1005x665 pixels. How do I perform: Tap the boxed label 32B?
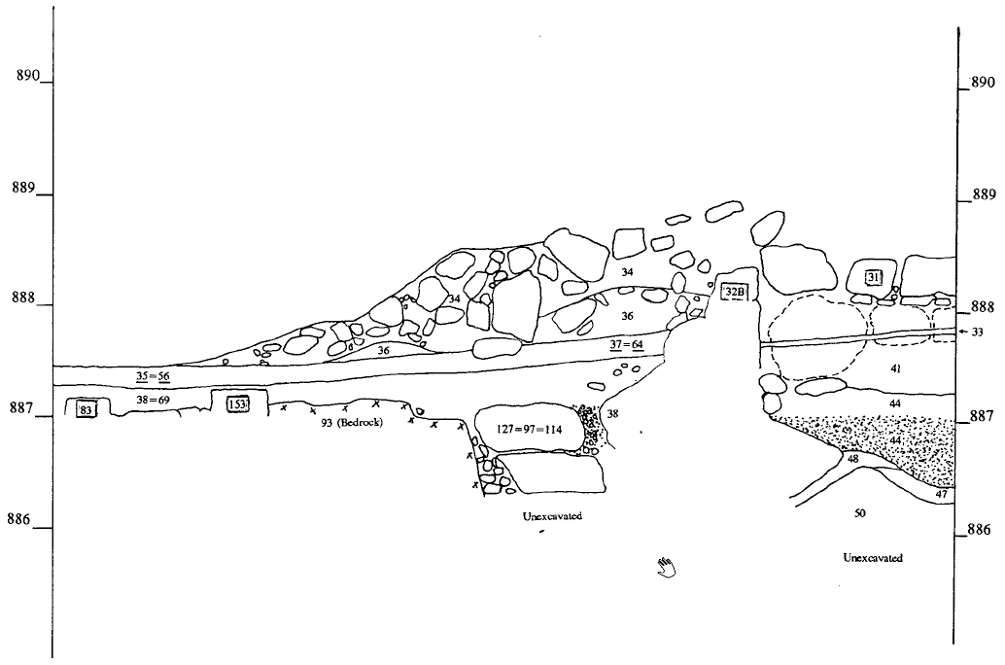click(x=734, y=291)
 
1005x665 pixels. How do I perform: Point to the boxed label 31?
click(x=874, y=278)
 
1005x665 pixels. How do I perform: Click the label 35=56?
click(x=153, y=375)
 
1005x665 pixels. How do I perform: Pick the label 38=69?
click(x=154, y=400)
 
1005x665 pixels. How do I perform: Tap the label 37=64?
click(x=626, y=344)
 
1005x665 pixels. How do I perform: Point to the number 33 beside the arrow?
click(x=977, y=332)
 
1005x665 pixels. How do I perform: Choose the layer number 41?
click(x=895, y=369)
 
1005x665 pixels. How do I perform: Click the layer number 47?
click(x=941, y=495)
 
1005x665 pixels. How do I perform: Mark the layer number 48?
click(x=852, y=458)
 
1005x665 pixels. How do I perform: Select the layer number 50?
click(x=860, y=511)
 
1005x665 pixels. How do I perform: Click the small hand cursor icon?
click(x=666, y=566)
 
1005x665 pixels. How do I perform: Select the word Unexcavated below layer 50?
click(x=873, y=558)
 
